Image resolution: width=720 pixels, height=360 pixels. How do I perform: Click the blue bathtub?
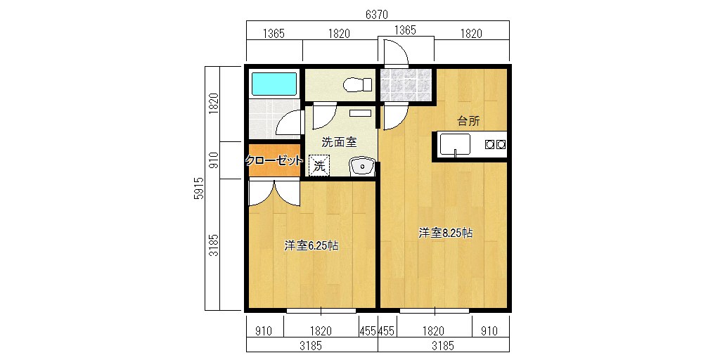click(274, 84)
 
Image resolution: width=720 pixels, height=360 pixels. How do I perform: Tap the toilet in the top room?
click(358, 84)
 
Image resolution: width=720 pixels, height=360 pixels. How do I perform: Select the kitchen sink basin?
click(455, 144)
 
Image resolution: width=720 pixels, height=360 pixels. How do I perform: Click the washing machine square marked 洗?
click(320, 165)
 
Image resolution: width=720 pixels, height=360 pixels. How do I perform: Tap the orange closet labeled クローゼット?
click(275, 160)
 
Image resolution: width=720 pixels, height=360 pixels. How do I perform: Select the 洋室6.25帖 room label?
click(311, 245)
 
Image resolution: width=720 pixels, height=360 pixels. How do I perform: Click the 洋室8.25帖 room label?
click(445, 233)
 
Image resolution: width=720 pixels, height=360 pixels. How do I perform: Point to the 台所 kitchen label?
click(468, 121)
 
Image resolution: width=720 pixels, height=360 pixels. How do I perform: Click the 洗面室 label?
click(339, 142)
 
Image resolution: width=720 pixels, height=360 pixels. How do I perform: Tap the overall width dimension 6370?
click(377, 15)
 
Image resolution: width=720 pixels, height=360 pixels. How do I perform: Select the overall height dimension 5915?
click(198, 188)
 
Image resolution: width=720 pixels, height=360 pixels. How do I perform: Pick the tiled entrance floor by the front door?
click(405, 84)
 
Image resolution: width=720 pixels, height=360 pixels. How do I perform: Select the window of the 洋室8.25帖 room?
click(435, 311)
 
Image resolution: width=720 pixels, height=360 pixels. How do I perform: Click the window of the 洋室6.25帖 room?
click(321, 311)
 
